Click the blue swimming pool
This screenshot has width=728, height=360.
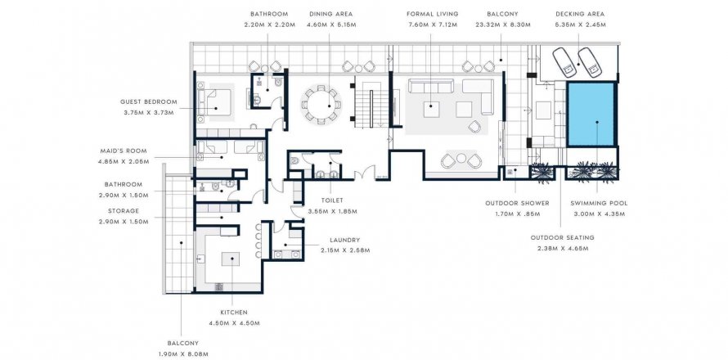591,115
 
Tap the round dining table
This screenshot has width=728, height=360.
321,105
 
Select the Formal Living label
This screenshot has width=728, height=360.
432,15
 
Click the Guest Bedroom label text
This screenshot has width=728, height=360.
149,101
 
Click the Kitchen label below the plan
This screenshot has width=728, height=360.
234,313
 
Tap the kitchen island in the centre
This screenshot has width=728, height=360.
231,259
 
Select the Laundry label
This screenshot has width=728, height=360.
344,241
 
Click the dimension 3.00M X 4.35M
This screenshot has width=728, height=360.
599,214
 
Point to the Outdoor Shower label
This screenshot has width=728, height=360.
517,204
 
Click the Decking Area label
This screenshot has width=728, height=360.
581,15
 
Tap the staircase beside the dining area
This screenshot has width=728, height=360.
371,102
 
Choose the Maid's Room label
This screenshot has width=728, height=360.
124,151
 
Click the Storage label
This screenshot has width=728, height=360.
124,211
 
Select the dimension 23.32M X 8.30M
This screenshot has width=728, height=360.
502,25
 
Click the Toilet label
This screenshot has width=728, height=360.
332,200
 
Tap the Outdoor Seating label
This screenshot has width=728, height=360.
562,238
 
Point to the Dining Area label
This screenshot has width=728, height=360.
331,15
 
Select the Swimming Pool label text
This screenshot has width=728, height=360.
599,204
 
